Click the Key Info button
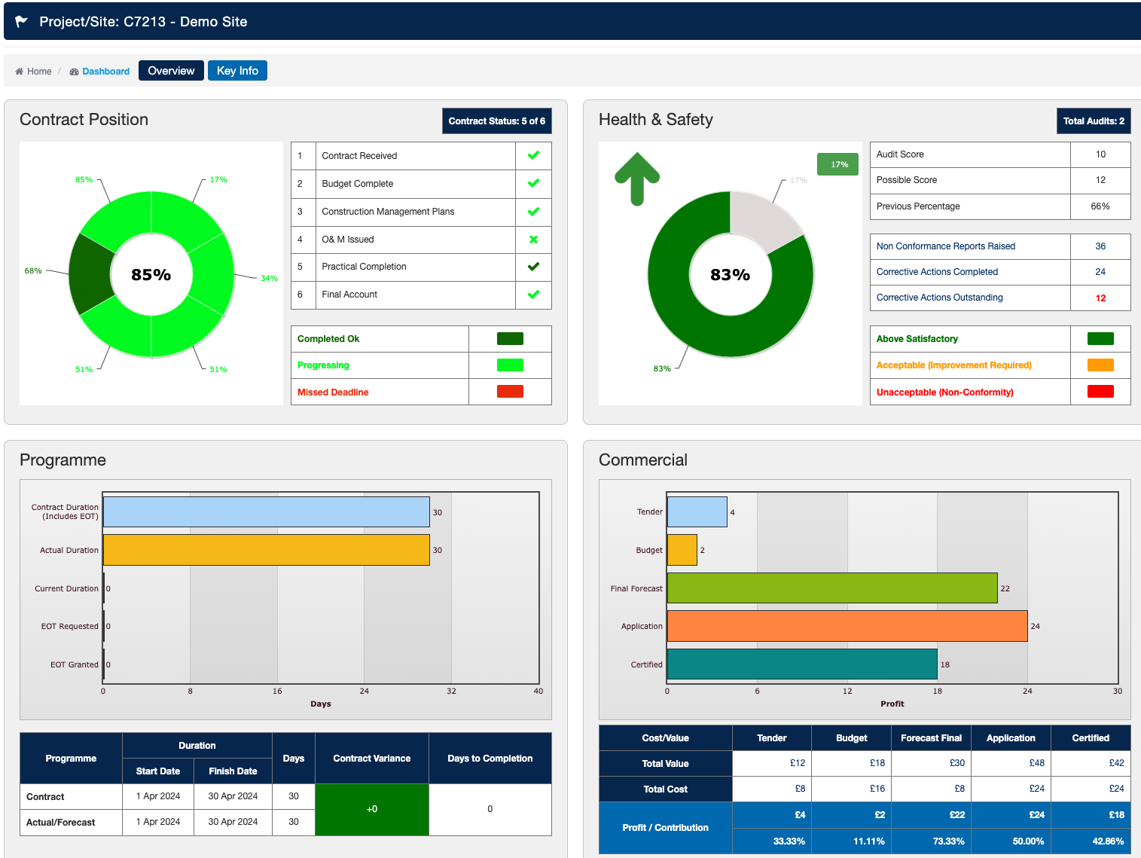click(237, 71)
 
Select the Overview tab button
click(171, 71)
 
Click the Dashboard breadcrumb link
click(105, 72)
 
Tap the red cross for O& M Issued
click(533, 240)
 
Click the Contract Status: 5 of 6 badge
click(496, 121)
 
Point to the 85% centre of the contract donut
click(151, 275)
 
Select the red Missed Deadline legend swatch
click(510, 392)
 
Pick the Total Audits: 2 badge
click(1093, 121)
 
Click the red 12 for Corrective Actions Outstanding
click(1100, 298)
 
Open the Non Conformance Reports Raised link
click(945, 246)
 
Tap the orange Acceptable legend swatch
click(1100, 365)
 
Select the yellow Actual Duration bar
click(266, 550)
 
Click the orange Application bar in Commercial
click(847, 626)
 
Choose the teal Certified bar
click(802, 664)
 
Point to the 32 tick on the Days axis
click(451, 691)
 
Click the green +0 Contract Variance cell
click(372, 809)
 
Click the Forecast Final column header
click(931, 738)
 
